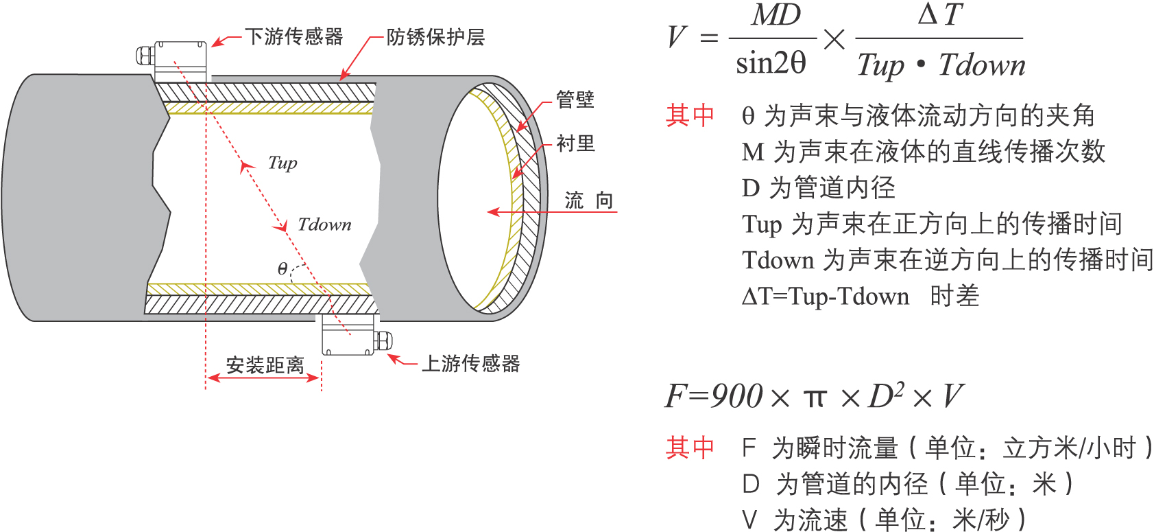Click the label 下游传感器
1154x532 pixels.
(294, 36)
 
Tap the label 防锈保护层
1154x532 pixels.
(435, 37)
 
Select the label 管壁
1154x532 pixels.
(575, 100)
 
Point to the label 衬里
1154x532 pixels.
(575, 143)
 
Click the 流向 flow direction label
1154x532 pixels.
(588, 200)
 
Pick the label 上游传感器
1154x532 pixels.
(470, 363)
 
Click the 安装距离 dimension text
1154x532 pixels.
(265, 365)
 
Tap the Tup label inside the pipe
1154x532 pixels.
(283, 163)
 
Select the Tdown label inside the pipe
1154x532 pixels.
(324, 224)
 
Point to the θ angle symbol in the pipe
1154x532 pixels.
(283, 268)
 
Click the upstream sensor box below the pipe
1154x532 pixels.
(348, 335)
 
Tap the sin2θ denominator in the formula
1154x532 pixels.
(771, 64)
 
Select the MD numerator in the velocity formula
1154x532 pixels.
(776, 15)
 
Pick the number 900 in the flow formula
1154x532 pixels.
(737, 397)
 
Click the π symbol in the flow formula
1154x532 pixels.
(815, 398)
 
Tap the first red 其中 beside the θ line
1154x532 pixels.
(690, 115)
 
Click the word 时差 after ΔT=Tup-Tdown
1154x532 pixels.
(954, 296)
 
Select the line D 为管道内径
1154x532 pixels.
(818, 187)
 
